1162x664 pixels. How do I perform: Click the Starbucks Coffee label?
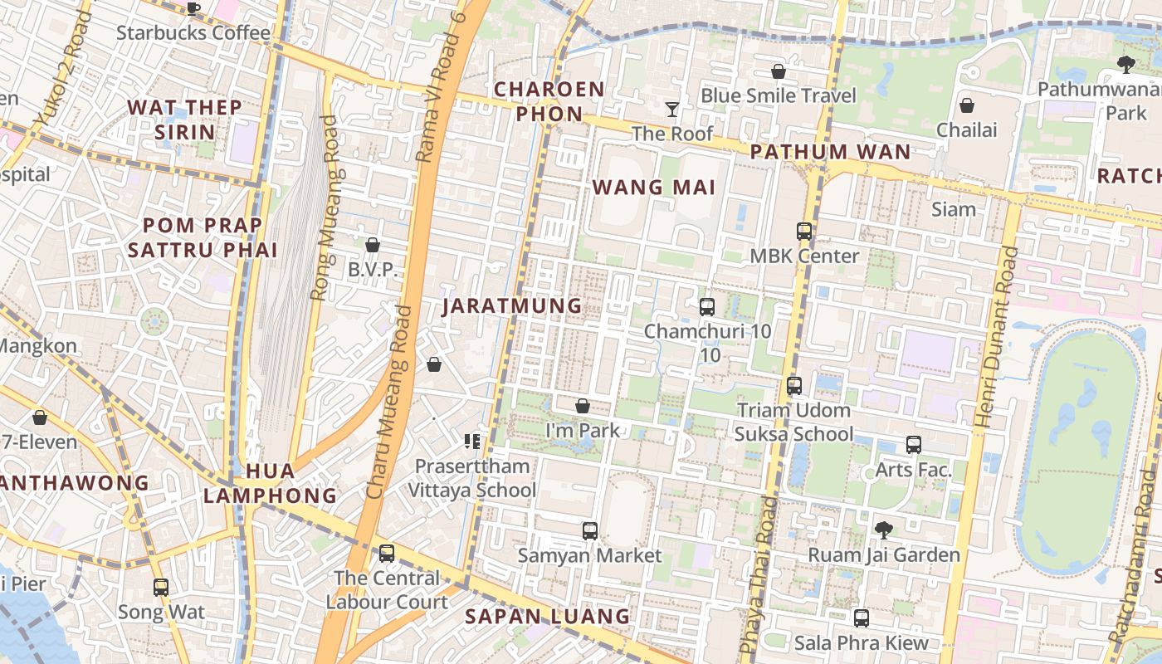[193, 33]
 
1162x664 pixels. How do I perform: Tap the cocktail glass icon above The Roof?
[672, 109]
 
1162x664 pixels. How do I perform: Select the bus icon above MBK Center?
[804, 232]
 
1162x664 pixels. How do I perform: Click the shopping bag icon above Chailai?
[967, 105]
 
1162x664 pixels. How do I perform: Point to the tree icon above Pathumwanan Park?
[1125, 64]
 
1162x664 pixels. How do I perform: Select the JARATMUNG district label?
[512, 305]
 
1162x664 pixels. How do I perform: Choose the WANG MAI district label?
[654, 187]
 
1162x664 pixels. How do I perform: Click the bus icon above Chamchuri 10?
[707, 307]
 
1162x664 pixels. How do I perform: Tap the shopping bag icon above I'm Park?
[583, 406]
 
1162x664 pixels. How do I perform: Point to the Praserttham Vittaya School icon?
[472, 442]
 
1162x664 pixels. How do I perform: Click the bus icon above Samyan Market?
[590, 530]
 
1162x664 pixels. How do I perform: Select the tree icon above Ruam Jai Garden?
[884, 530]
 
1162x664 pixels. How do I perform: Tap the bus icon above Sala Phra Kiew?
[862, 618]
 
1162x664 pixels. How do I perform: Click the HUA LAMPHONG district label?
[271, 483]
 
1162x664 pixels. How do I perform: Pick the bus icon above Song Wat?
[161, 588]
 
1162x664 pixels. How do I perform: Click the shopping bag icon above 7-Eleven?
[39, 417]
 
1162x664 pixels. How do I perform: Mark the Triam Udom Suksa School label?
[793, 422]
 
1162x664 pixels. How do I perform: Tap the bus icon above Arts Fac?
[914, 445]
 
